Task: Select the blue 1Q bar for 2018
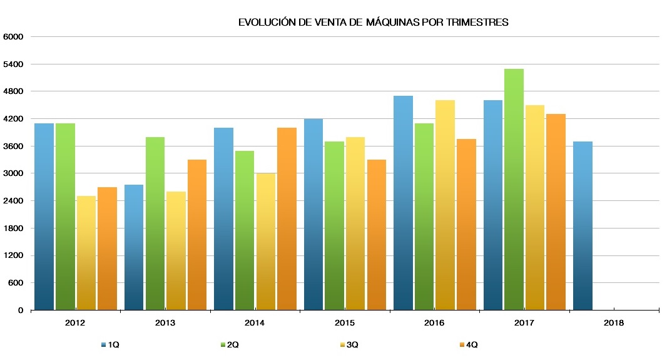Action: [x=583, y=225]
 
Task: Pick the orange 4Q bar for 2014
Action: [x=287, y=219]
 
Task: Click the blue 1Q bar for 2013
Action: [x=134, y=247]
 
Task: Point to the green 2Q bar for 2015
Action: [x=335, y=225]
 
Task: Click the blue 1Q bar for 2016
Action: [x=403, y=203]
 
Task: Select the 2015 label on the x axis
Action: [x=345, y=323]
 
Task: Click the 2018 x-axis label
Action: [x=614, y=323]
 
